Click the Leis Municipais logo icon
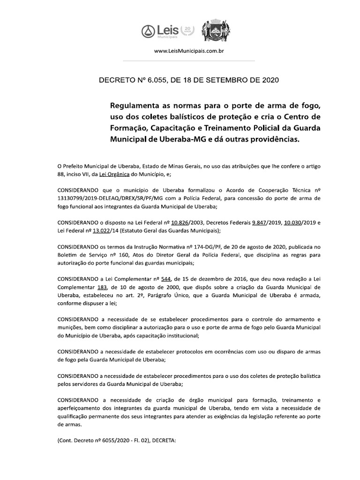[148, 31]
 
